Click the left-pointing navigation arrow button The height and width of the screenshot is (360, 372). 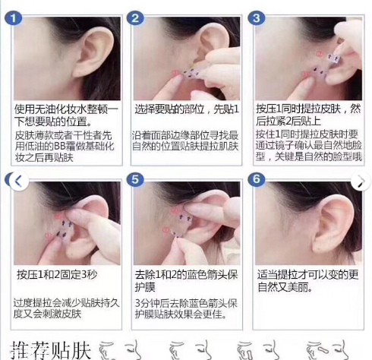point(17,182)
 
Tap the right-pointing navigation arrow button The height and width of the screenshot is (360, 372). point(359,182)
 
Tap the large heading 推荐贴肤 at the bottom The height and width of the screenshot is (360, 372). point(52,349)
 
